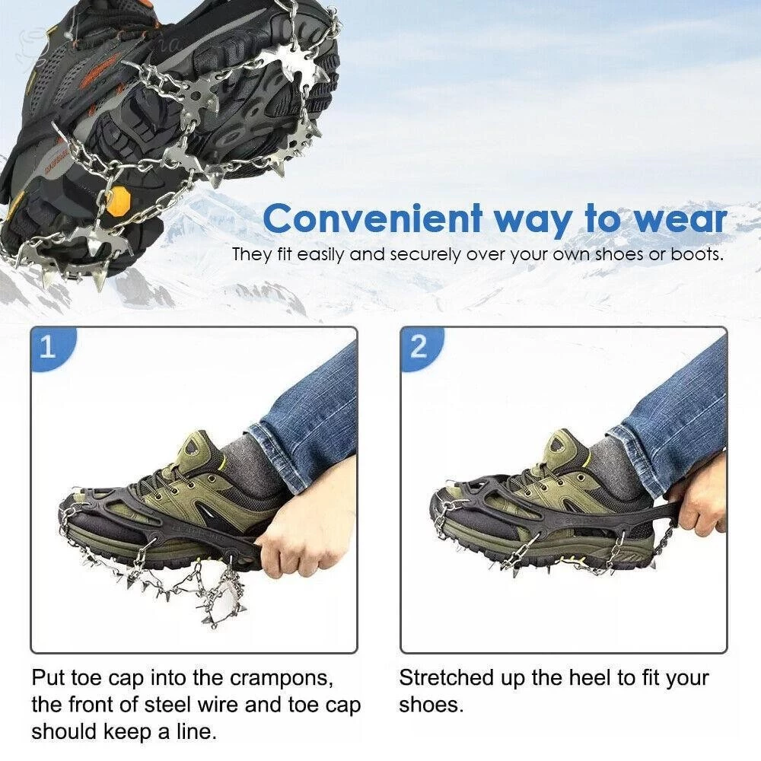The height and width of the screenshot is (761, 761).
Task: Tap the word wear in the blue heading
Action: point(680,219)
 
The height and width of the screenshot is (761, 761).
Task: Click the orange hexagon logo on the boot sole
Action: point(119,201)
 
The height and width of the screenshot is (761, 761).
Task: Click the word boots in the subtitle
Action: point(697,254)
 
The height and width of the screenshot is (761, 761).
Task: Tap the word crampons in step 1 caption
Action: point(282,678)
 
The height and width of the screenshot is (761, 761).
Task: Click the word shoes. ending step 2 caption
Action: point(431,705)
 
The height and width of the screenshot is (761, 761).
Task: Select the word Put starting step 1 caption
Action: point(49,677)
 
